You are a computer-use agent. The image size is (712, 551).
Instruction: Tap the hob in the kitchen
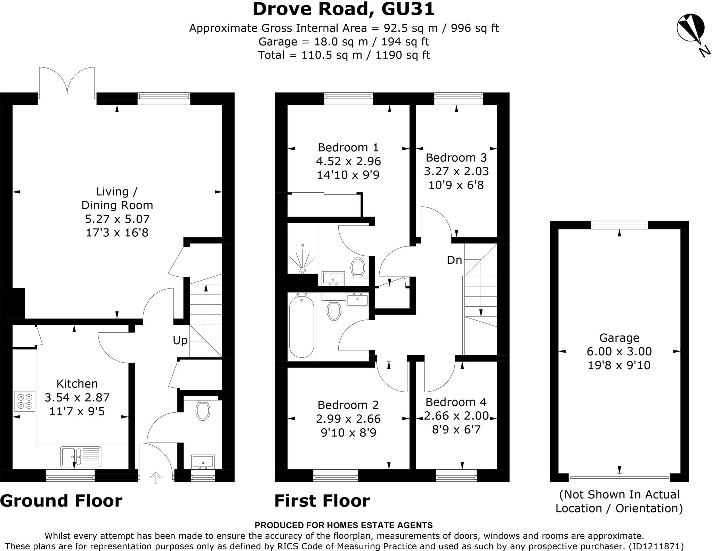coord(25,402)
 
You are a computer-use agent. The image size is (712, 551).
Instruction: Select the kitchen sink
coord(81,456)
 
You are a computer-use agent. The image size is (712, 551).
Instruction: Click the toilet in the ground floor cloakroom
coord(203,410)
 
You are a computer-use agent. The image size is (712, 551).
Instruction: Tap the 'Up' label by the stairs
coord(180,340)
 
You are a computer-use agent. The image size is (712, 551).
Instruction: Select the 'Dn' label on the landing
coord(454,260)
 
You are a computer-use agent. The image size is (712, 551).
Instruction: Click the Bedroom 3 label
coord(456,157)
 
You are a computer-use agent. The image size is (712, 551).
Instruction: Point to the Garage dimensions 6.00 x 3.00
coord(619,351)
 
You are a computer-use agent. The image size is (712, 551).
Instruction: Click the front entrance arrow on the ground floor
coord(156,477)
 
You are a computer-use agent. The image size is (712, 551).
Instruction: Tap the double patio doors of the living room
coord(67,82)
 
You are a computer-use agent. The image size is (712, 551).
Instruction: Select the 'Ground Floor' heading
coord(61,501)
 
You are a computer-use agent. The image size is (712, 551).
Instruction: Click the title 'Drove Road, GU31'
coord(343,9)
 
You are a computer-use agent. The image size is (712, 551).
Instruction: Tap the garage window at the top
coord(619,225)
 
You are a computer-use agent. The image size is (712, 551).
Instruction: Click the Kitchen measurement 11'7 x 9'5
coord(77,412)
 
